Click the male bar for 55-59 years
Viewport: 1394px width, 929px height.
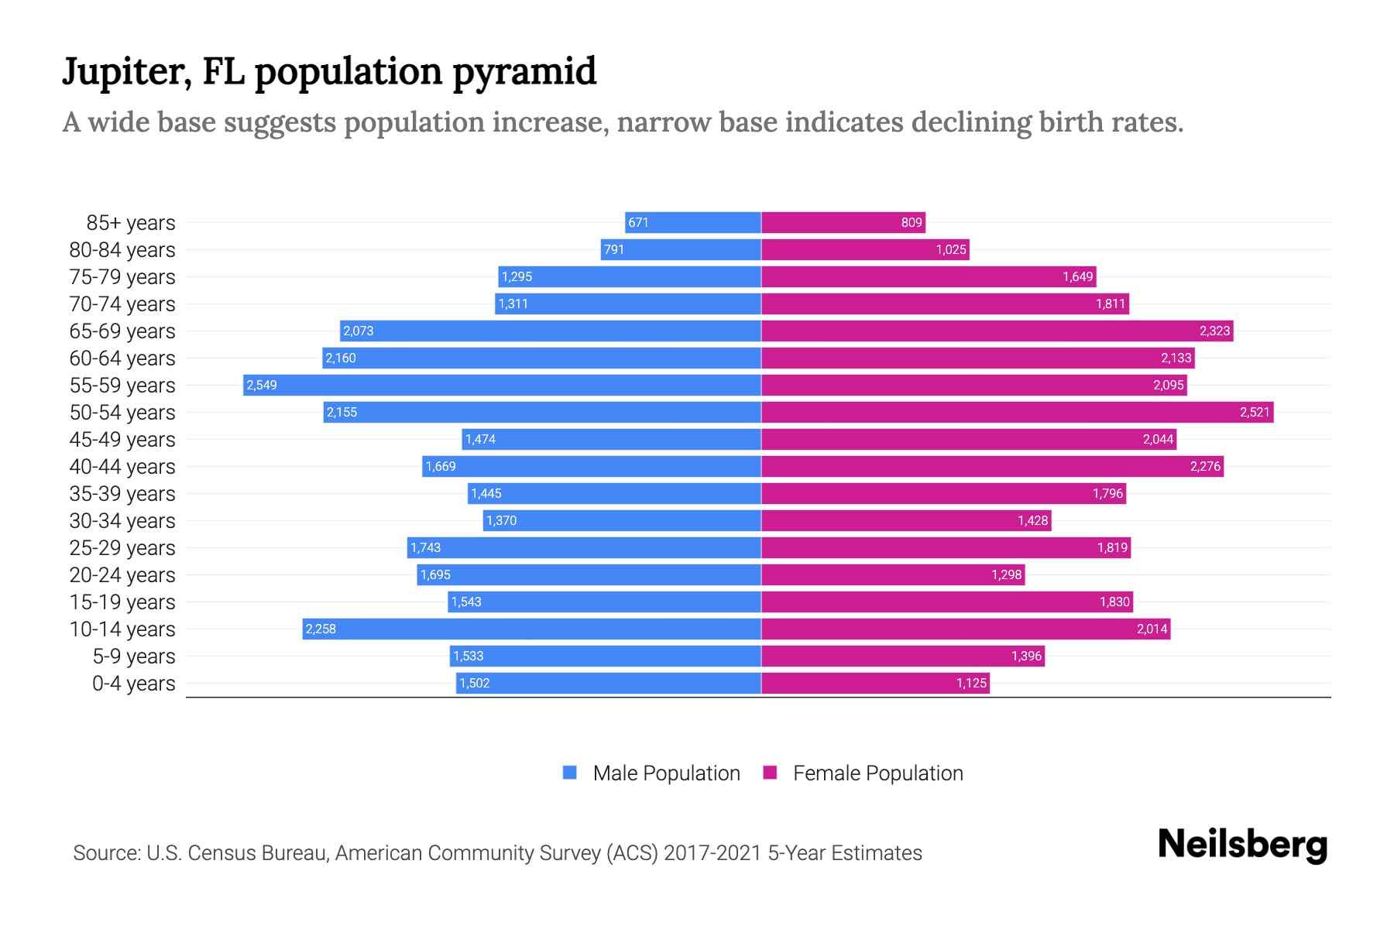(502, 385)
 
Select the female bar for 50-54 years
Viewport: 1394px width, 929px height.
(1017, 412)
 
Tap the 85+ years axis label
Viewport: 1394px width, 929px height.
(130, 223)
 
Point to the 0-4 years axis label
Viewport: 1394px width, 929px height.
(133, 684)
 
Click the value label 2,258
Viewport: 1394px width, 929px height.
(321, 629)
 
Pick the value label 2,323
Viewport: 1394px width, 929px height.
(1214, 331)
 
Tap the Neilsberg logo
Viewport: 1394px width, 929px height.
(1242, 845)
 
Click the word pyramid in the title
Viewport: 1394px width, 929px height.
(524, 72)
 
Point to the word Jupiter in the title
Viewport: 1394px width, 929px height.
(126, 72)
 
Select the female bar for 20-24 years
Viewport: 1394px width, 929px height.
(893, 574)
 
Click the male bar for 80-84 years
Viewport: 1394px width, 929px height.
(681, 249)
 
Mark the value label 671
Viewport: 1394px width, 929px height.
(638, 222)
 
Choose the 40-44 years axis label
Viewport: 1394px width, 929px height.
(122, 467)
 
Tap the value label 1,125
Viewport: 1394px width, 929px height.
(971, 683)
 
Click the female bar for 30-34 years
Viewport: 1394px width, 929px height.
(906, 520)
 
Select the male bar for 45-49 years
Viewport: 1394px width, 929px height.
(612, 439)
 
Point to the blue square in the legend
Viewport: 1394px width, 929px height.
(570, 773)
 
